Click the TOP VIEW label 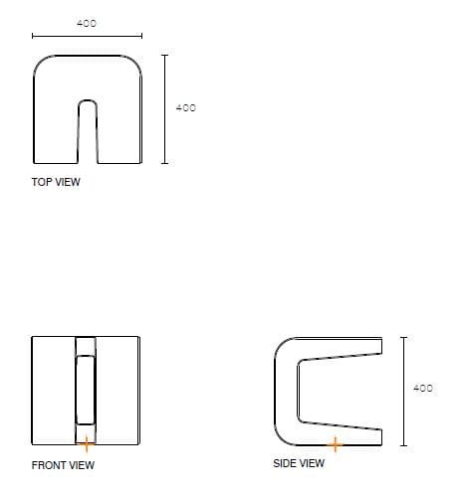56,183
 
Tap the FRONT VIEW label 63,465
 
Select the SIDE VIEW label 299,463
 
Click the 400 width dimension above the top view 87,23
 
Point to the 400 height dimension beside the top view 185,107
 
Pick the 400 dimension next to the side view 422,388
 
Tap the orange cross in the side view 336,443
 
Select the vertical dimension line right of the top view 165,109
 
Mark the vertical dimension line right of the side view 402,392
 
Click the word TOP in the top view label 42,183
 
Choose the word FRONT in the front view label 49,465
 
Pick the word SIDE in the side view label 286,463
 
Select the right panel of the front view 119,391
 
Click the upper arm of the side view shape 339,348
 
